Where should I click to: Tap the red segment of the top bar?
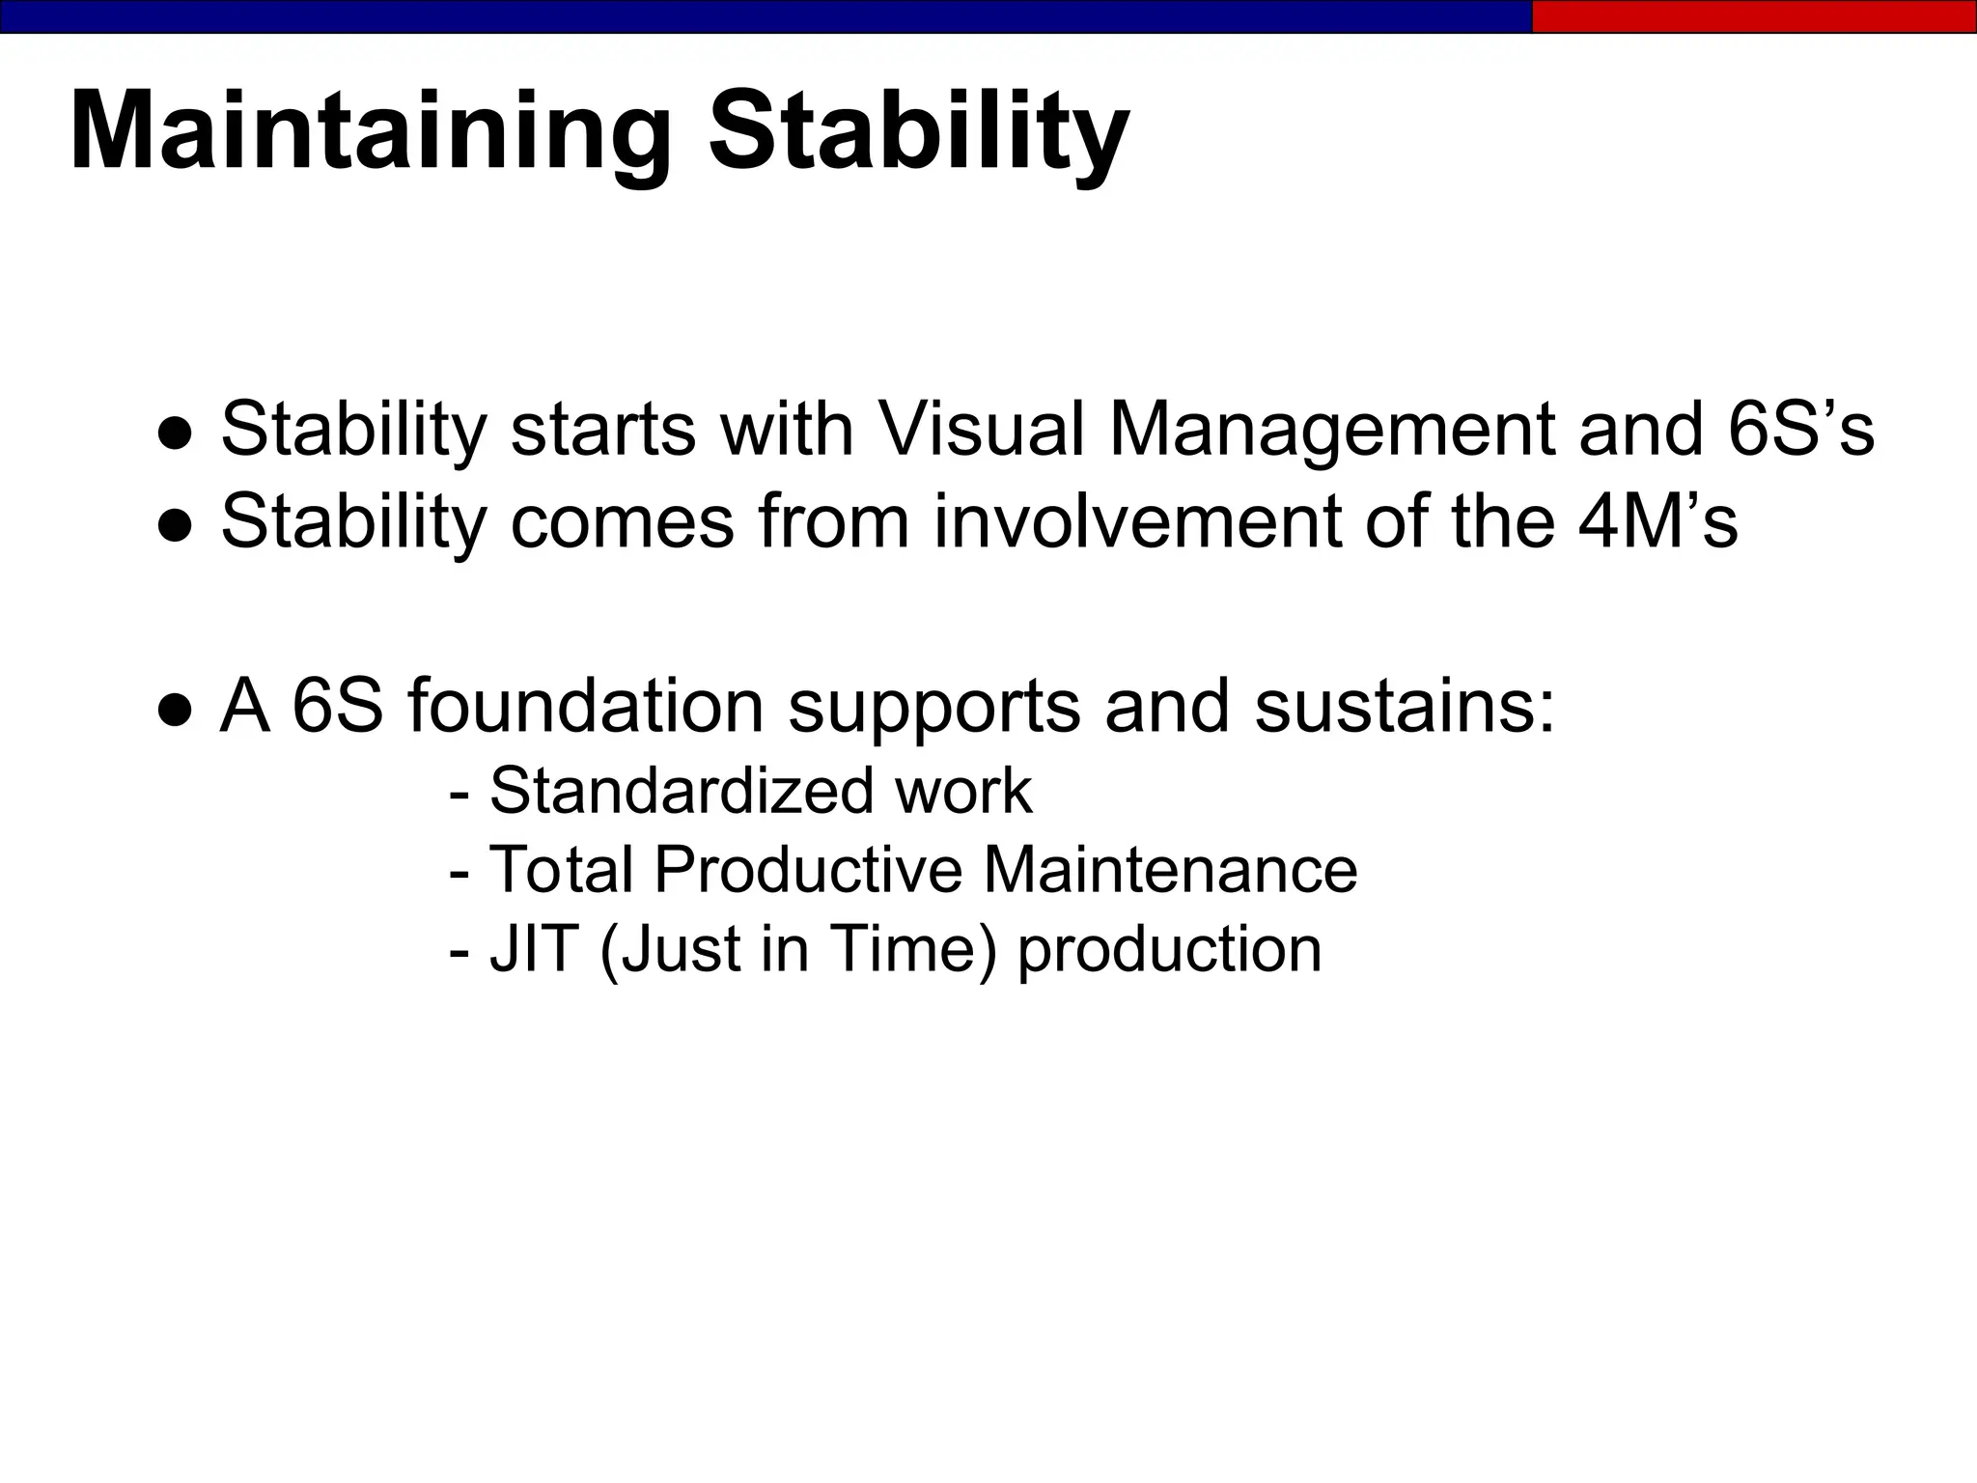1753,16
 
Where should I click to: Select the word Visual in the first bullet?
981,429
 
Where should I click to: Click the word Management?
1331,429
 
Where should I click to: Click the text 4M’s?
1657,521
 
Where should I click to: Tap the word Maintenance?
1170,870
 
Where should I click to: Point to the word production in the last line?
1169,950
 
